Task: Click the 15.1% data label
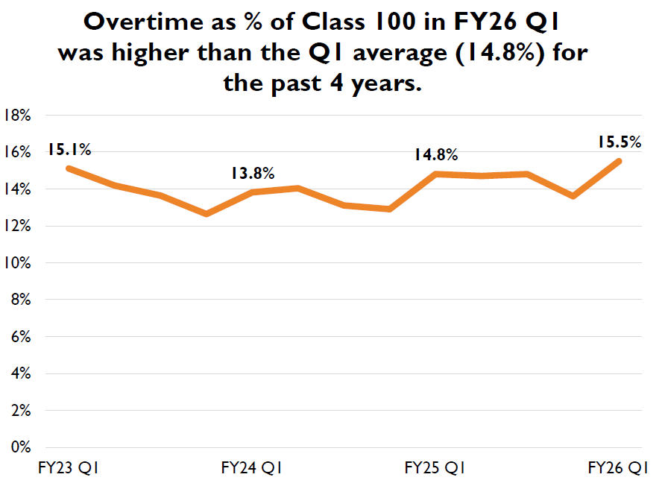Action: pos(69,149)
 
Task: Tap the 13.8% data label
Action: pos(252,174)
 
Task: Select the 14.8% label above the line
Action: pos(435,155)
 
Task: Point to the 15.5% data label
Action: pos(619,142)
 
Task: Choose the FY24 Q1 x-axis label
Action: pos(252,468)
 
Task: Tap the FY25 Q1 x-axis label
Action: pos(435,468)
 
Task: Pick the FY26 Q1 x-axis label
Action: pos(618,468)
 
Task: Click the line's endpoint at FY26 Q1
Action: pos(619,161)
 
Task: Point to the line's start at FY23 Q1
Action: pos(69,168)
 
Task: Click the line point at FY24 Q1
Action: pos(252,192)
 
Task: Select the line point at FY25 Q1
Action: pos(435,174)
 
